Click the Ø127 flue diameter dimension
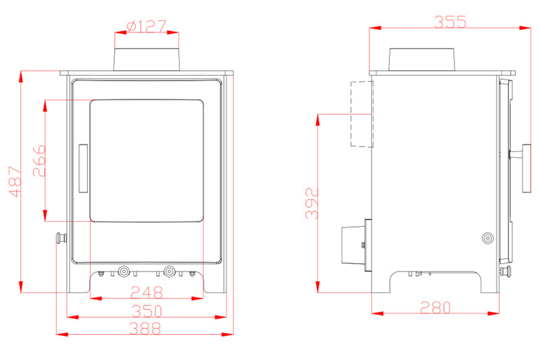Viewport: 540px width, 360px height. pyautogui.click(x=146, y=26)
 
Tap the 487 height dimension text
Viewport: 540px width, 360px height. pyautogui.click(x=16, y=182)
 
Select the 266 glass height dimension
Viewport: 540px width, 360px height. pyautogui.click(x=39, y=161)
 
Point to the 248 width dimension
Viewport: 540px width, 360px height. pyautogui.click(x=146, y=292)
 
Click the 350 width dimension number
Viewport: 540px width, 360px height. pyautogui.click(x=146, y=311)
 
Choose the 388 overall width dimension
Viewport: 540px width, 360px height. pyautogui.click(x=145, y=329)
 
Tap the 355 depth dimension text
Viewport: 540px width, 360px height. pyautogui.click(x=450, y=22)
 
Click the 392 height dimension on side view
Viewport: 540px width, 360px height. pyautogui.click(x=312, y=203)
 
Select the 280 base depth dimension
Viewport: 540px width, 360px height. pyautogui.click(x=435, y=307)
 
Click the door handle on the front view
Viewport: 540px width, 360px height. pyautogui.click(x=83, y=168)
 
